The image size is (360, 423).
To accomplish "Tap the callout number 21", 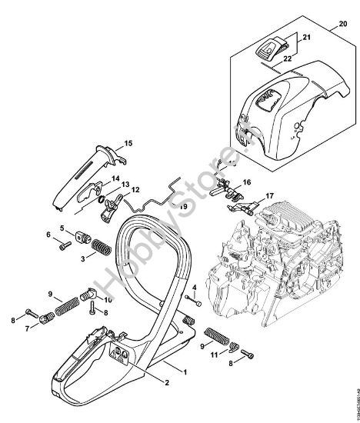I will pos(305,36).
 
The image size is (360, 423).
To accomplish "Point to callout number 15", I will pos(128,143).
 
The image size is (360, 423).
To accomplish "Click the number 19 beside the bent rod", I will pos(184,207).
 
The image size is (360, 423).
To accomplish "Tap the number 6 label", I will pos(48,235).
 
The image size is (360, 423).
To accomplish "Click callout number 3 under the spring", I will pos(83,260).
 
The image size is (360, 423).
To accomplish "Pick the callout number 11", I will pos(215,354).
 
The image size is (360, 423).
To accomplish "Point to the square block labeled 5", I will pos(82,235).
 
